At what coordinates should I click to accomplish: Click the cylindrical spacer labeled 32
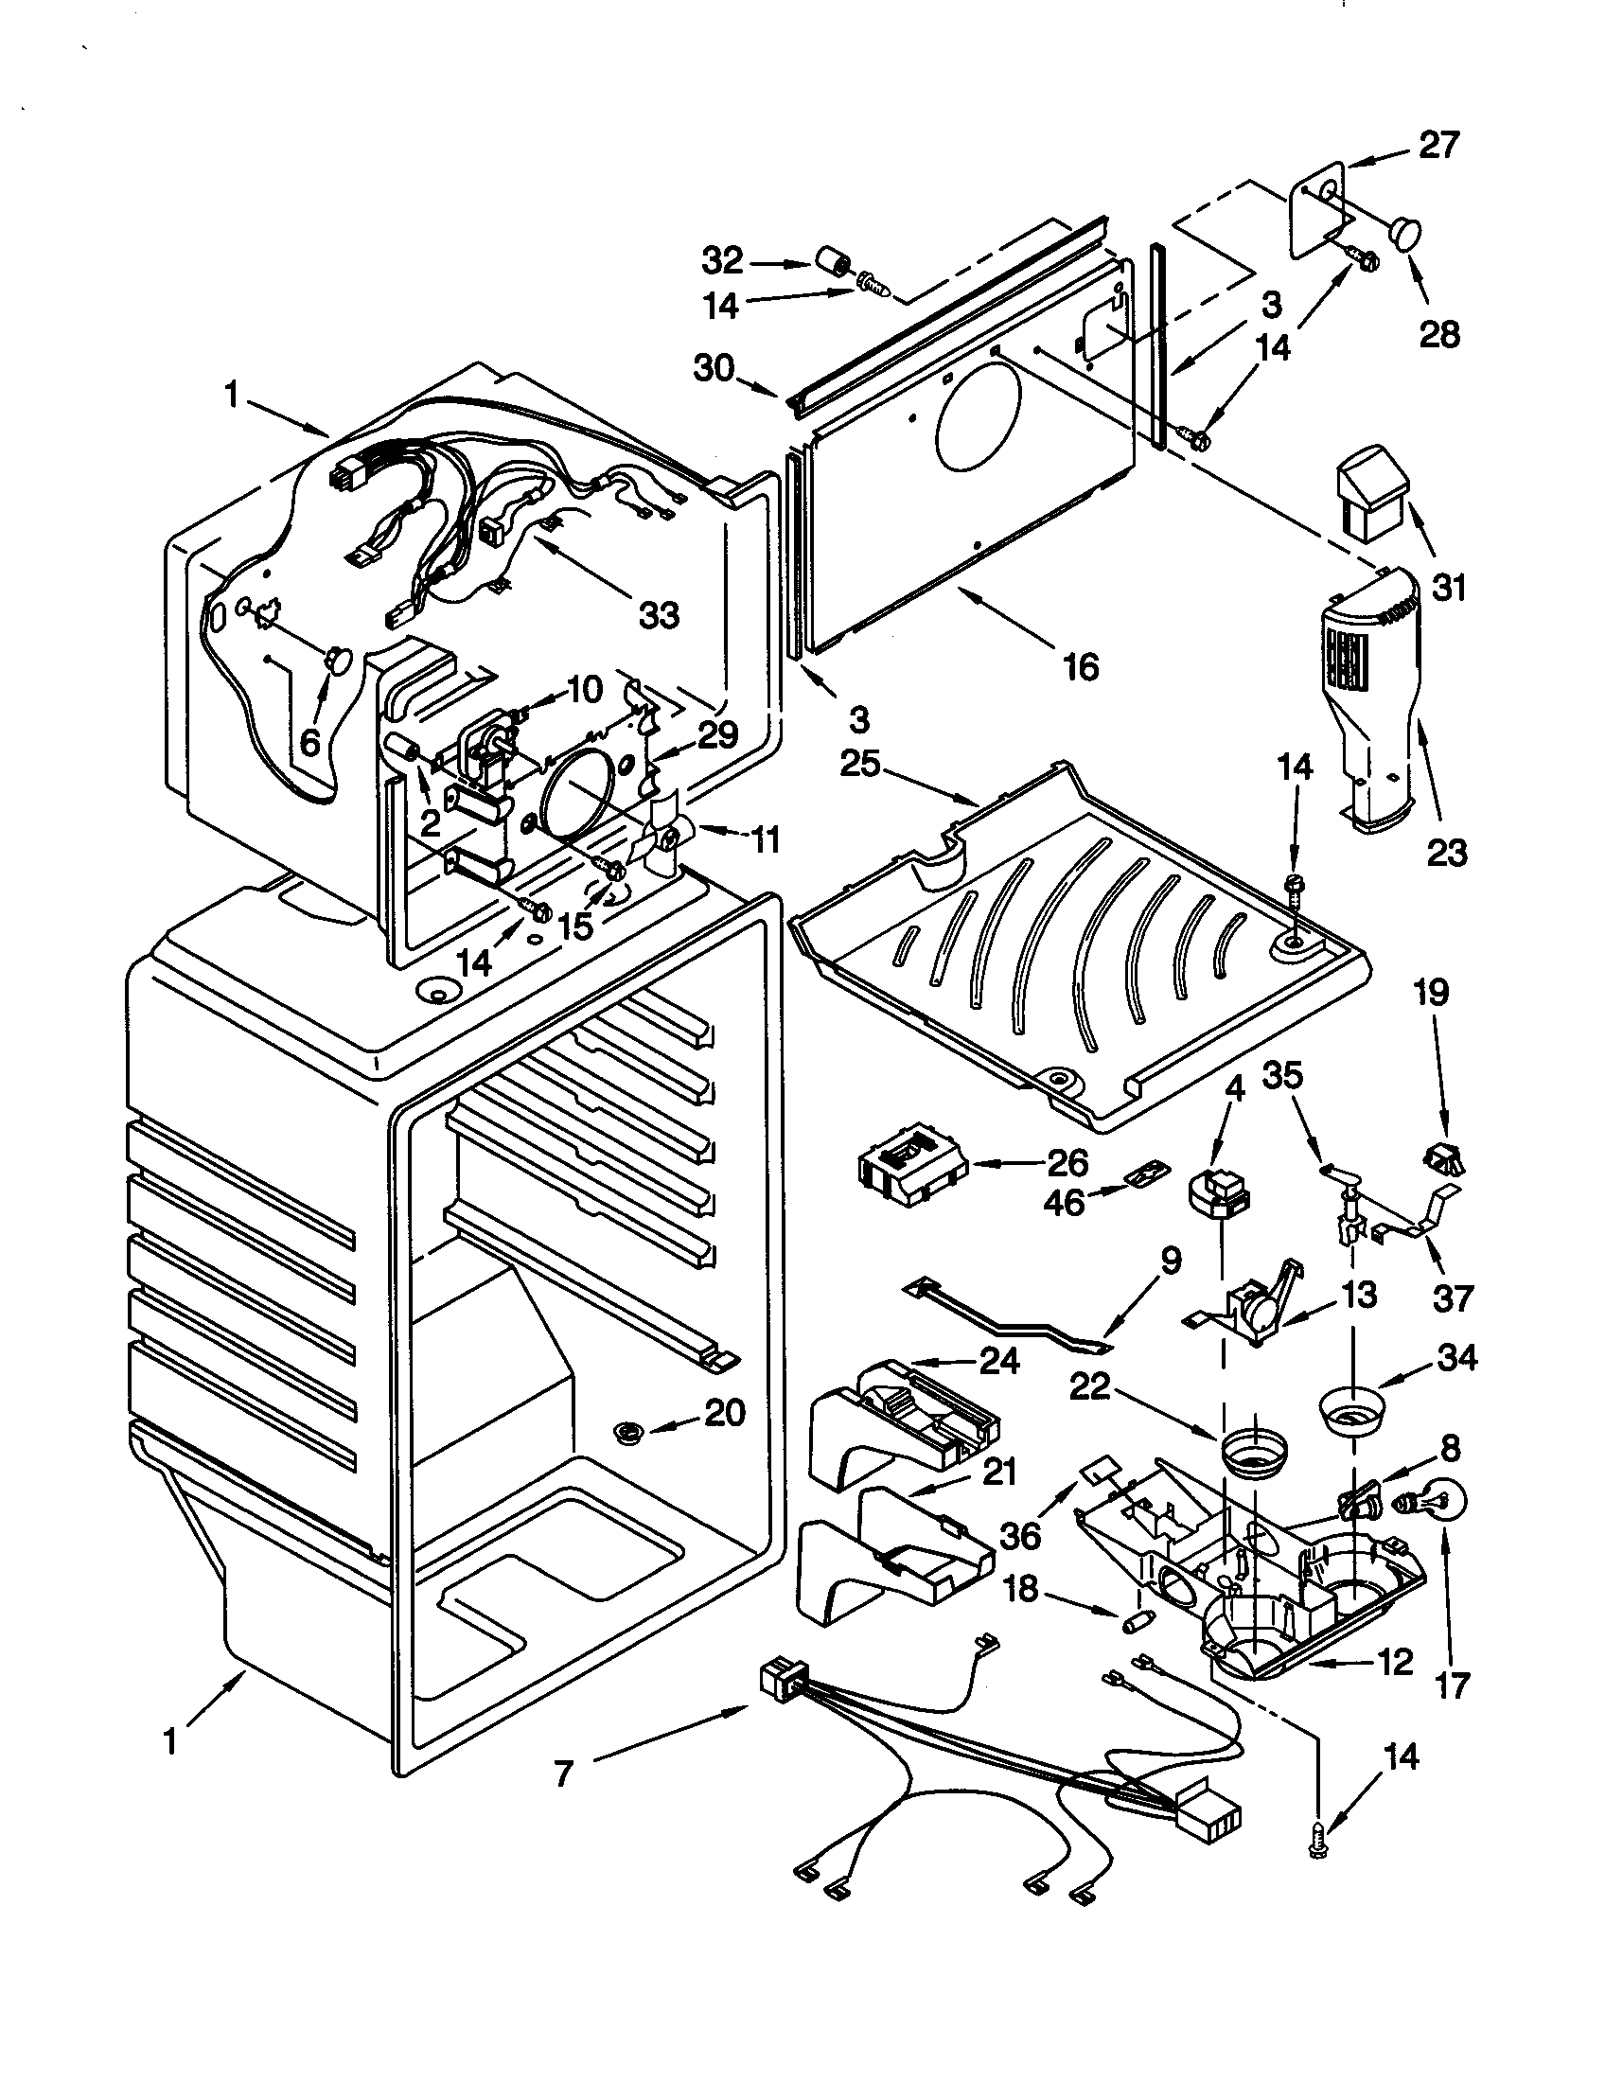coord(836,260)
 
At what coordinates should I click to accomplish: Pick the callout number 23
coord(1447,852)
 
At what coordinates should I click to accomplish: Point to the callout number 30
coord(714,368)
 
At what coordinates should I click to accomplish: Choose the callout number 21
coord(999,1472)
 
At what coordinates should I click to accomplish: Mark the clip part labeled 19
coord(1443,1160)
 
